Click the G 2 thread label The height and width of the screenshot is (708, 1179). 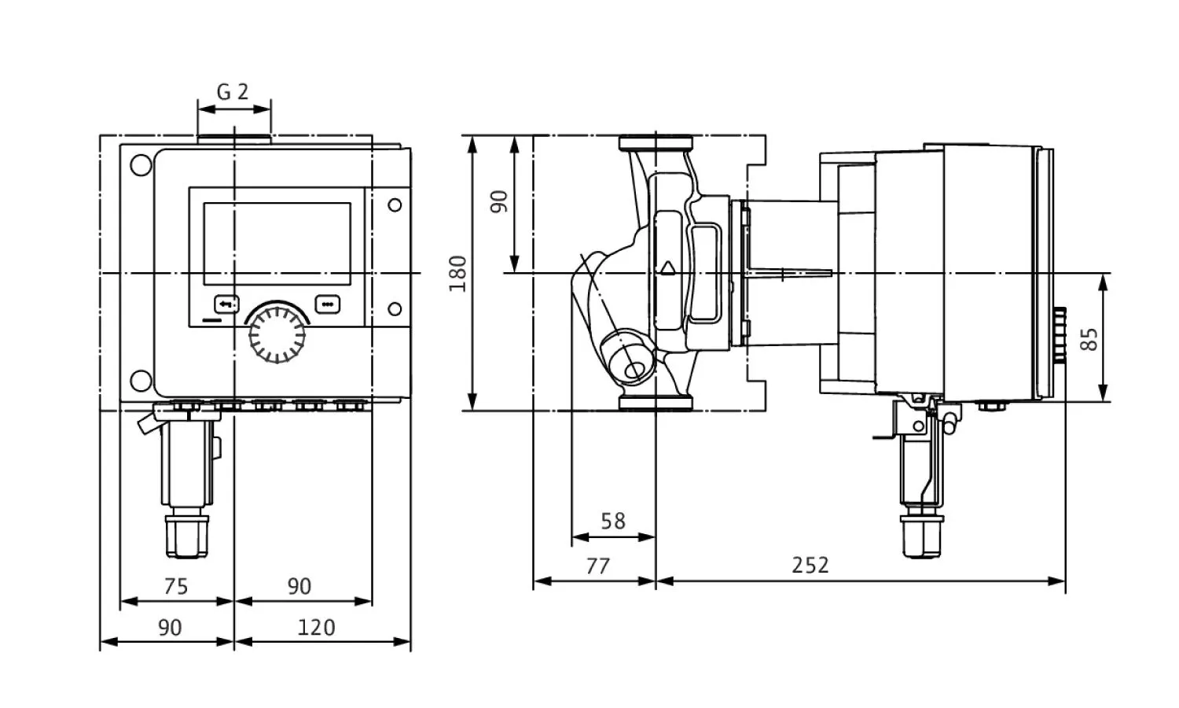pyautogui.click(x=233, y=92)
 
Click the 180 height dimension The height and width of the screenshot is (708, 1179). pyautogui.click(x=458, y=273)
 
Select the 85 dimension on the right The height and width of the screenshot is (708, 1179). pyautogui.click(x=1090, y=339)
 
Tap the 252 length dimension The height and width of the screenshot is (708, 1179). pyautogui.click(x=810, y=565)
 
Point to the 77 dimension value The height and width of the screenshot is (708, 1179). pyautogui.click(x=598, y=566)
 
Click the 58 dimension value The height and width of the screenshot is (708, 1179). pyautogui.click(x=613, y=521)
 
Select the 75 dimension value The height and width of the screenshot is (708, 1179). pyautogui.click(x=176, y=586)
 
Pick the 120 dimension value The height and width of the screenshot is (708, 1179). pyautogui.click(x=316, y=627)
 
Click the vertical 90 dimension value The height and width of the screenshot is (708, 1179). pyautogui.click(x=500, y=201)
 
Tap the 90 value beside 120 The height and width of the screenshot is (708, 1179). pyautogui.click(x=170, y=627)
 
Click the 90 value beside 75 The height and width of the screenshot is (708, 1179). pyautogui.click(x=299, y=586)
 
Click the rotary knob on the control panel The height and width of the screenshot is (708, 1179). pyautogui.click(x=277, y=334)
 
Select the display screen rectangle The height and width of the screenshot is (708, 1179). pyautogui.click(x=277, y=243)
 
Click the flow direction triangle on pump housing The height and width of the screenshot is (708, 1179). pyautogui.click(x=668, y=267)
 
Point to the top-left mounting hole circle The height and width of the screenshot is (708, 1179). pyautogui.click(x=142, y=167)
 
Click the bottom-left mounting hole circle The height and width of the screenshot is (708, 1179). pyautogui.click(x=142, y=380)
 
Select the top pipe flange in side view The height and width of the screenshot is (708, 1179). pyautogui.click(x=656, y=143)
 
